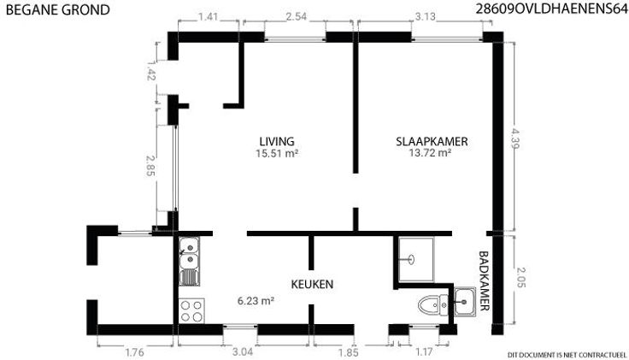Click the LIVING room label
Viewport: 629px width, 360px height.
click(277, 141)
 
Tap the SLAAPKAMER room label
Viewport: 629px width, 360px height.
click(432, 141)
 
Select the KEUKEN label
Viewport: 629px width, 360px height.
click(312, 284)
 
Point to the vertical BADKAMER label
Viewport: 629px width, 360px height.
click(485, 281)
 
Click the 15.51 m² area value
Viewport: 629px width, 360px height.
click(277, 153)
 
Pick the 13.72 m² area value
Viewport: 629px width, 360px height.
click(430, 153)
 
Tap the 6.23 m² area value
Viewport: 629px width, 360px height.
click(256, 301)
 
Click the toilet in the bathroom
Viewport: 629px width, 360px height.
click(433, 305)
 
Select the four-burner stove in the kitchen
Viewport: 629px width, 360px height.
click(191, 310)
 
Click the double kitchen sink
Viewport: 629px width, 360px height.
click(189, 262)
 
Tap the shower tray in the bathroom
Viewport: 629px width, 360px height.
click(416, 259)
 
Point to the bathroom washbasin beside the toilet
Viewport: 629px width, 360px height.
click(465, 301)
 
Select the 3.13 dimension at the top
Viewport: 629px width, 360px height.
click(426, 17)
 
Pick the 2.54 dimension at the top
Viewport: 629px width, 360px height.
click(297, 16)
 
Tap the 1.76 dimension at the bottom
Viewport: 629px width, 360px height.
click(135, 353)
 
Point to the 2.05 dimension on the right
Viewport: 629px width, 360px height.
click(520, 277)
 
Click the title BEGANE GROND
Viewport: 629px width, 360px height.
click(58, 10)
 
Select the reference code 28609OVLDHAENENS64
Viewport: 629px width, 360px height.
click(551, 9)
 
